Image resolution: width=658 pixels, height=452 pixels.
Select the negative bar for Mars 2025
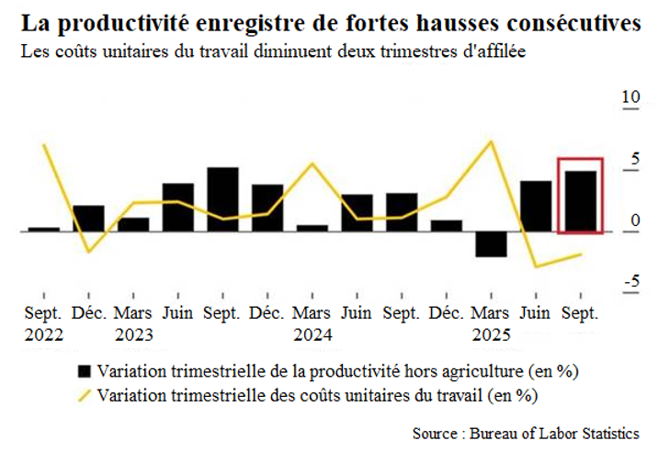(x=491, y=243)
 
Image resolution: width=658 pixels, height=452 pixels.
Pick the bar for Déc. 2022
(x=88, y=218)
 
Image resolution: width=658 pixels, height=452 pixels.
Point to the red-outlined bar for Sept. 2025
(x=581, y=200)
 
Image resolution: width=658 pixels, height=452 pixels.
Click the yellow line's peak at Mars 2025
(x=492, y=141)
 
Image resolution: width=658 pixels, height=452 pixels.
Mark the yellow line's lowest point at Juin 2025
(x=536, y=266)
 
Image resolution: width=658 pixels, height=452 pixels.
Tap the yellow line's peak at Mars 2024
(x=312, y=164)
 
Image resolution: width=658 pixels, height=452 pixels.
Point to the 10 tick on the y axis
(x=630, y=98)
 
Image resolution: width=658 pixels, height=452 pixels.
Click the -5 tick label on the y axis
(x=630, y=280)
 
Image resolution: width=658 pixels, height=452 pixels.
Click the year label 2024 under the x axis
(x=312, y=334)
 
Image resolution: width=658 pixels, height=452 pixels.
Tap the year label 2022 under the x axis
(x=44, y=334)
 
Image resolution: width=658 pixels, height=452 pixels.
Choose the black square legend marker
(x=85, y=372)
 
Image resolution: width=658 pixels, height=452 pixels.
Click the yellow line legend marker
(x=85, y=396)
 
